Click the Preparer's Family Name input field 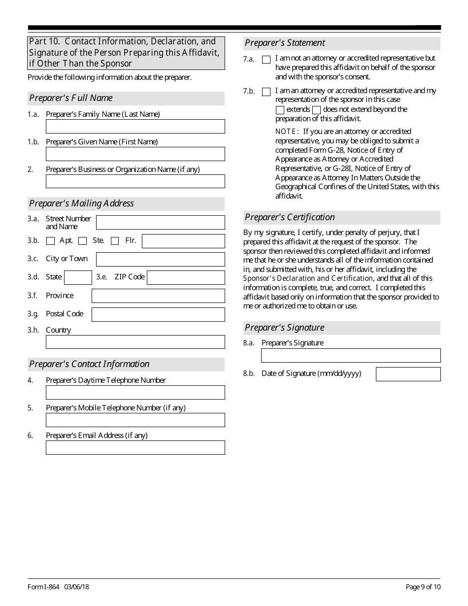[x=135, y=127]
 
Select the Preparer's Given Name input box [x=135, y=154]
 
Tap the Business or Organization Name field [x=135, y=182]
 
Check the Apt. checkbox [x=50, y=241]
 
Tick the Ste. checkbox [x=83, y=241]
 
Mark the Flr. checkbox [x=115, y=241]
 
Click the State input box [x=78, y=278]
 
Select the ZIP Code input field [x=186, y=278]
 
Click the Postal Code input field [x=158, y=315]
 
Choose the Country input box [x=135, y=342]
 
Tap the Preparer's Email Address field [x=135, y=448]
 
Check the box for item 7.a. [x=266, y=60]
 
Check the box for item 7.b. [x=266, y=92]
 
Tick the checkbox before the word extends [x=280, y=110]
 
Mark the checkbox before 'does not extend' [x=317, y=110]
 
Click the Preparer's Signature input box [x=351, y=356]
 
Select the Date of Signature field [x=408, y=374]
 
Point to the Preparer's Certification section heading [x=290, y=217]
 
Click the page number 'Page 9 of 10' [x=423, y=587]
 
